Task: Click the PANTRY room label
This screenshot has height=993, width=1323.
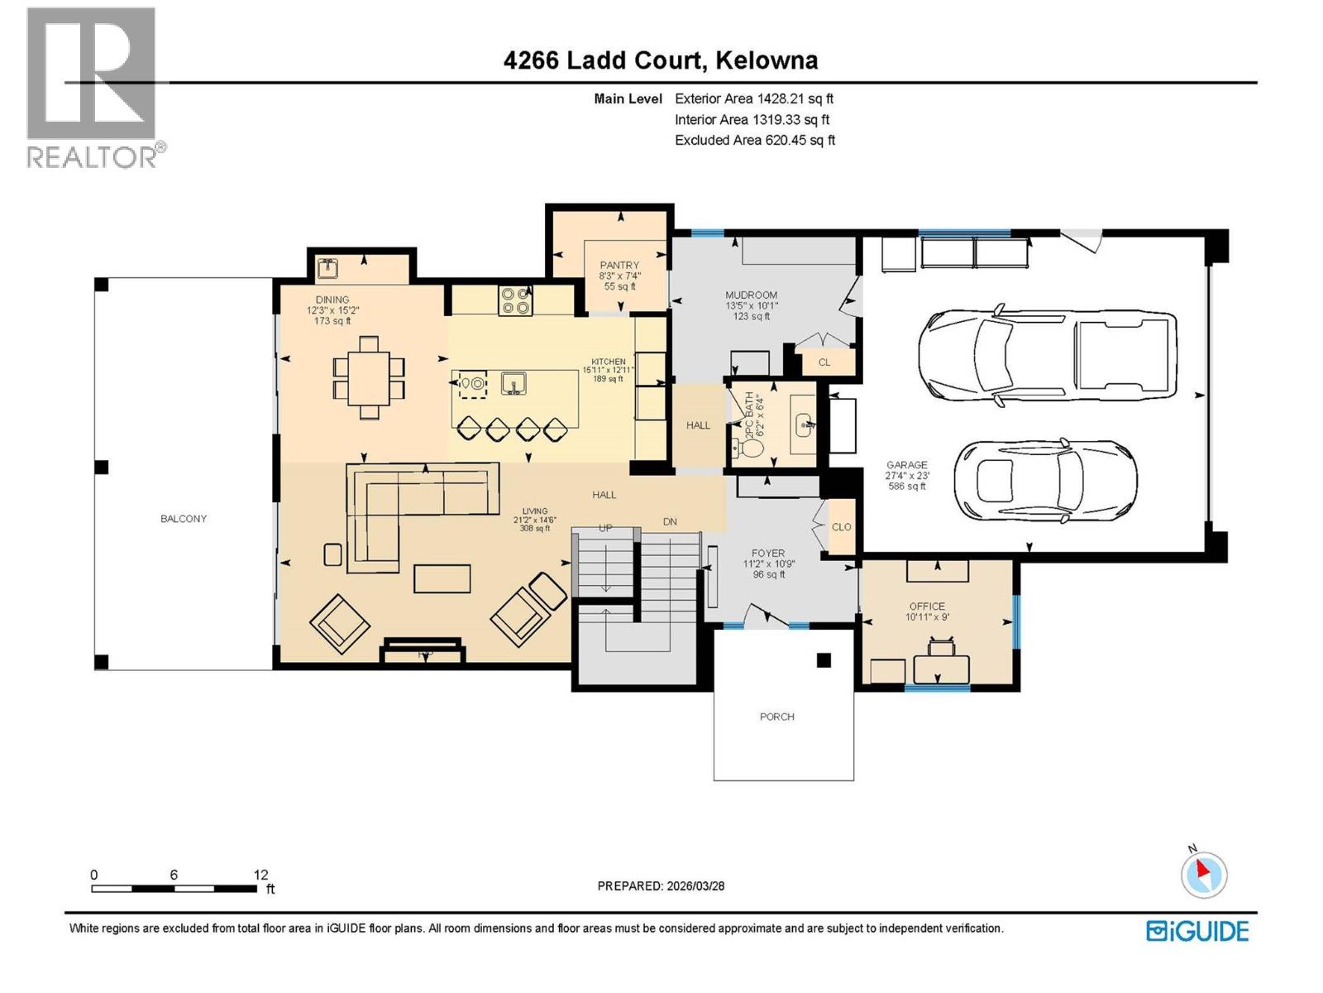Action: tap(619, 266)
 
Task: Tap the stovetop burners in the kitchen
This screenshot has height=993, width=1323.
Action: tap(515, 300)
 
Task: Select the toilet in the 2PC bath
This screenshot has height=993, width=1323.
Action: tap(750, 449)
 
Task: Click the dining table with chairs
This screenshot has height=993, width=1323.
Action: tap(369, 377)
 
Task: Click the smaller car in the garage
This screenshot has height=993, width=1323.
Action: tap(1045, 479)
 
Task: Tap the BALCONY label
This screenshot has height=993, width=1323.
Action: tap(184, 519)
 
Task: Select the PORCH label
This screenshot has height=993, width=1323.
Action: tap(776, 717)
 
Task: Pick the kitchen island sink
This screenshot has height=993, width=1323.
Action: tap(513, 384)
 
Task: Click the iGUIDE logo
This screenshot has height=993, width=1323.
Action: tap(1197, 931)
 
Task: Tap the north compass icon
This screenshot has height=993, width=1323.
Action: tap(1203, 875)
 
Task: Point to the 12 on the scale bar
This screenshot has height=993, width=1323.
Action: tap(260, 875)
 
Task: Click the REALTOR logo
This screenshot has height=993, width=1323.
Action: tap(93, 87)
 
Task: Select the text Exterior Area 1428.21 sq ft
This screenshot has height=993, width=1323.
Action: tap(753, 98)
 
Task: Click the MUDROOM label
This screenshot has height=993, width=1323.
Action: tap(751, 295)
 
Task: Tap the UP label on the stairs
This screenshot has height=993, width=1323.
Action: tap(605, 528)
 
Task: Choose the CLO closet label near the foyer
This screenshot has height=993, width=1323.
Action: tap(841, 527)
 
